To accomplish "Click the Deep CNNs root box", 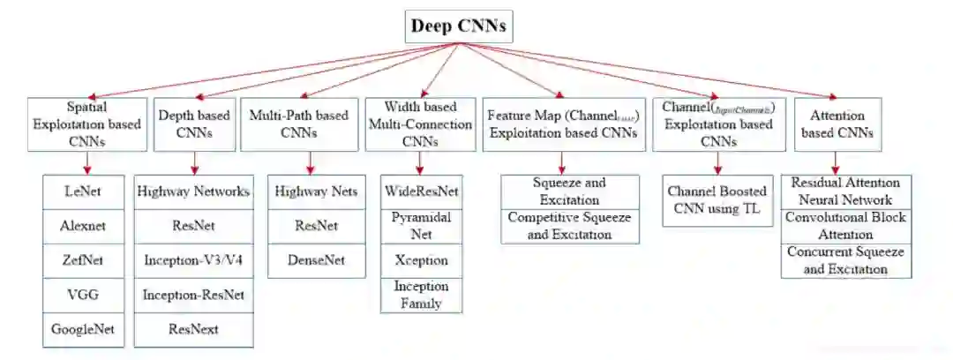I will coord(459,26).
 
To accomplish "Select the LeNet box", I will coord(84,191).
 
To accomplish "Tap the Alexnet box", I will coord(84,226).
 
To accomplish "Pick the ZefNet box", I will coord(84,260).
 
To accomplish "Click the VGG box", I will coord(84,295).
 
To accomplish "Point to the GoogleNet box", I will coord(84,329).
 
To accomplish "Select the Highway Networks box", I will coord(195,191).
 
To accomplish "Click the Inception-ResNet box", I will coord(195,295).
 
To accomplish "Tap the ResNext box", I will coord(195,329).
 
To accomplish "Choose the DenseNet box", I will coord(315,260).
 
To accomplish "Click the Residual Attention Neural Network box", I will coord(846,191).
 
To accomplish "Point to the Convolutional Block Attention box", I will coord(846,226).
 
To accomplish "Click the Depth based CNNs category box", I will coord(194,124).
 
